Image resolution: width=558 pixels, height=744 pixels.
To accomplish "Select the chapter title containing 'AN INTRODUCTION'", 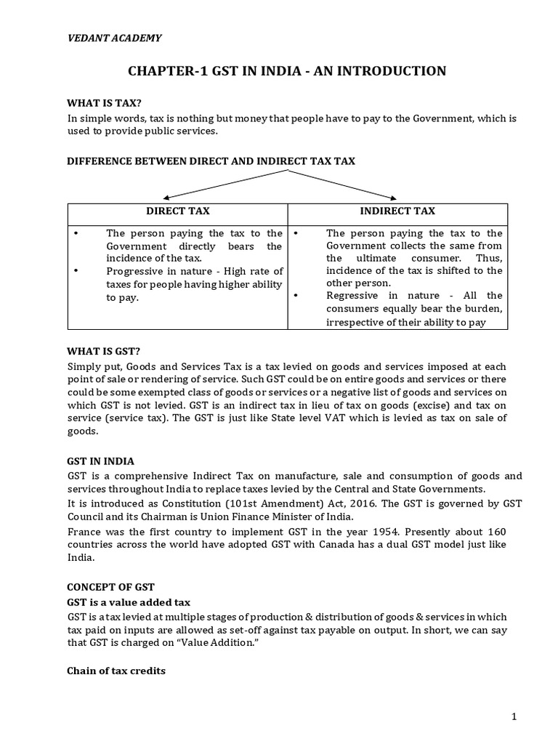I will coord(287,70).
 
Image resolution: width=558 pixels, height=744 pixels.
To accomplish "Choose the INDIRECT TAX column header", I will coord(397,211).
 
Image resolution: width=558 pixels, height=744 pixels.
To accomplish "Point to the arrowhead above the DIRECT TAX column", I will coord(166,197).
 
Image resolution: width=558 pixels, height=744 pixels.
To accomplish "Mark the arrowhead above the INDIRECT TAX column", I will coord(395,197).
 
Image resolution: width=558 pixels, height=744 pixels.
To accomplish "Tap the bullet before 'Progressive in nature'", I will coord(76,271).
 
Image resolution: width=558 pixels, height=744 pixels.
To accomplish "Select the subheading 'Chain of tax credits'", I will coord(116,671).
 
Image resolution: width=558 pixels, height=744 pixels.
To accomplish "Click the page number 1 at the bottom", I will coord(514,716).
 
